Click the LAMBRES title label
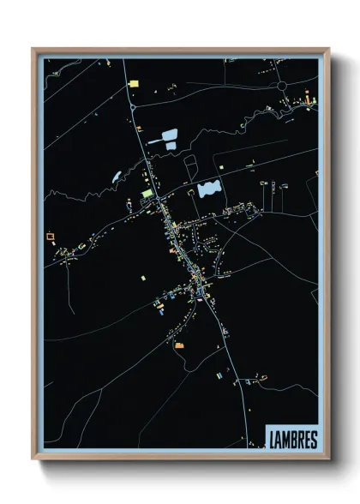pos(292,439)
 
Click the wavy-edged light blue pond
pos(208,188)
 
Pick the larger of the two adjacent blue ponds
pos(168,135)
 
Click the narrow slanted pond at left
pos(117,176)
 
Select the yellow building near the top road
pos(133,83)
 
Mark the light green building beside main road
pos(147,194)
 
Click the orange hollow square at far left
pos(50,233)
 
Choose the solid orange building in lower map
pos(180,345)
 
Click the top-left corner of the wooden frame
pos(33,49)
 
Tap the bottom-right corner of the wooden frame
pos(328,459)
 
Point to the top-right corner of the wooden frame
pos(328,49)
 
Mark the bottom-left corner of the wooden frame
pos(33,459)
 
